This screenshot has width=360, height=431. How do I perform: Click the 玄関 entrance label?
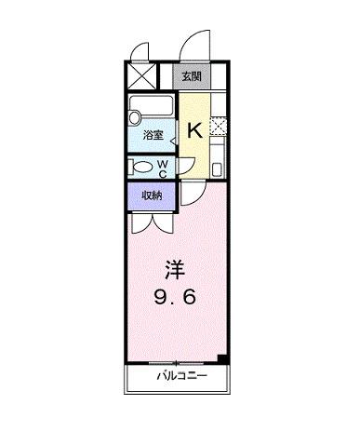[191, 76]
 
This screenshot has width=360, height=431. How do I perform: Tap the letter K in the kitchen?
[195, 130]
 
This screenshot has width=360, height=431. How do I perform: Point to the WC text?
[162, 168]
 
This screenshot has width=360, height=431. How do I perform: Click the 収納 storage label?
[153, 195]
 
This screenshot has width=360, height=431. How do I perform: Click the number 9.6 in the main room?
[177, 300]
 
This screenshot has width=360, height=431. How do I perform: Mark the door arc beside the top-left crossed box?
[140, 52]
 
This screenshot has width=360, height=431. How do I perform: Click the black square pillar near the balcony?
[220, 359]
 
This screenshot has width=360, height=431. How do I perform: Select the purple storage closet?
[152, 196]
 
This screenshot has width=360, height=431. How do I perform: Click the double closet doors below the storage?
[151, 222]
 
